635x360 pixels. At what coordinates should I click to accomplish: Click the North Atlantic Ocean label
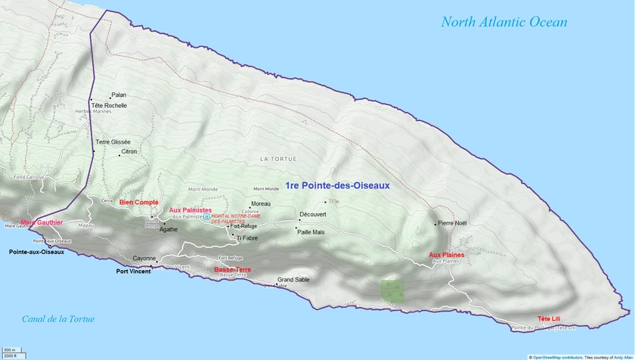504,22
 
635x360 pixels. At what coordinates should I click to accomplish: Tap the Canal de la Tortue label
58,319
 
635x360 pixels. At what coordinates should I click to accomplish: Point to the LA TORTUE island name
278,159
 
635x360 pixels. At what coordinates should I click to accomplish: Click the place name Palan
119,95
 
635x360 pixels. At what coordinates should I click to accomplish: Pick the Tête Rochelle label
110,105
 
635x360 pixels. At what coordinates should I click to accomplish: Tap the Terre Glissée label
113,142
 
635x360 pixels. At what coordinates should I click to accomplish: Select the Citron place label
129,152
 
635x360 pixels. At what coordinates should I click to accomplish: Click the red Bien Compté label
138,203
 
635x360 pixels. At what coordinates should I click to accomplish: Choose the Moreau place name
261,204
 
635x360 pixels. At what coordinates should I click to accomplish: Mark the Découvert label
313,215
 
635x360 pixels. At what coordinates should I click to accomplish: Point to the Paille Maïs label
310,232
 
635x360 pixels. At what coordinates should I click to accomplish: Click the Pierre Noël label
453,223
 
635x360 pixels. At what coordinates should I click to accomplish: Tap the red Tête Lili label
550,318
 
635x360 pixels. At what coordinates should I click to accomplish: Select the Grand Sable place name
293,280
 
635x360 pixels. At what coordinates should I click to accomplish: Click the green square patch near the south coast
392,291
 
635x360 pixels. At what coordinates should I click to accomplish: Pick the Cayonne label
144,258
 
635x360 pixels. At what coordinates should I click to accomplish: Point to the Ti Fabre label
247,238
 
